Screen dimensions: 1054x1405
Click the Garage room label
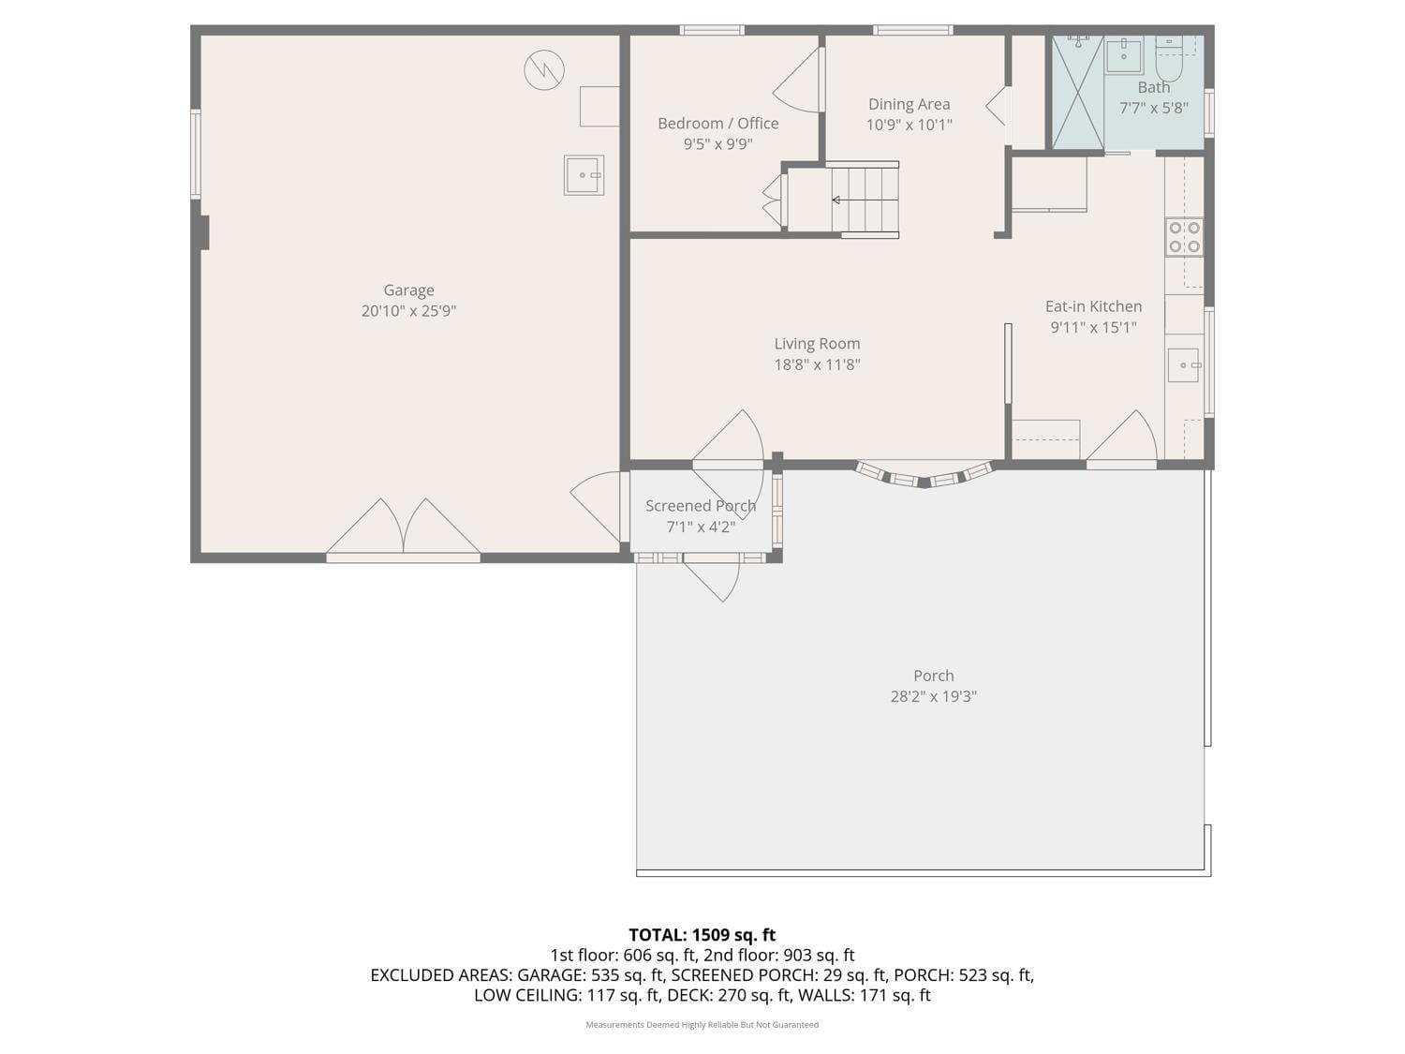pos(408,290)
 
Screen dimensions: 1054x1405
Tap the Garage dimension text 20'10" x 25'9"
pos(408,311)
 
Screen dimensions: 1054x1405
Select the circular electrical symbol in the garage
pos(544,70)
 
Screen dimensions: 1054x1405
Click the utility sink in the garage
pos(584,175)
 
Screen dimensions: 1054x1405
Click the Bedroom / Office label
pos(717,124)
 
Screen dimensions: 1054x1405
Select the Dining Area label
pos(909,104)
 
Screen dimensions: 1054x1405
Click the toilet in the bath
pos(1168,59)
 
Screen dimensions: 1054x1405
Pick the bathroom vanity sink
pos(1123,55)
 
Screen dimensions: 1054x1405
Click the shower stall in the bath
pos(1077,93)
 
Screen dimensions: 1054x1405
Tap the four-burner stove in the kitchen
pos(1184,237)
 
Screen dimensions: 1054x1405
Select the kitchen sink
pos(1183,364)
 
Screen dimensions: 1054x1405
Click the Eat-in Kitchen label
pos(1093,306)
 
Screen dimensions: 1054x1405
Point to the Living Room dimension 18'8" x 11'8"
pos(817,364)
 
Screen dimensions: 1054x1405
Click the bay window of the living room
pos(924,476)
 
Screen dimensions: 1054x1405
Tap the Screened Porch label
pos(701,506)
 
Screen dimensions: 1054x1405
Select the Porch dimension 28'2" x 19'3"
pos(933,696)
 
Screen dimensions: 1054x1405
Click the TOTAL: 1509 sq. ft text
pos(702,934)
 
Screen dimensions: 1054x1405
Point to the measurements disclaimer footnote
pos(702,1024)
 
